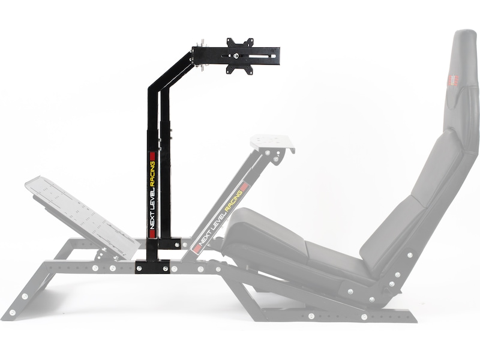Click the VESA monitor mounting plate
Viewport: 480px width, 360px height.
pyautogui.click(x=239, y=56)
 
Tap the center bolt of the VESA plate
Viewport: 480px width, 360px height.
pyautogui.click(x=239, y=56)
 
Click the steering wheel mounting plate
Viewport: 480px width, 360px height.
pyautogui.click(x=273, y=143)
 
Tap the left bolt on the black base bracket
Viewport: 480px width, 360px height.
pyautogui.click(x=140, y=268)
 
